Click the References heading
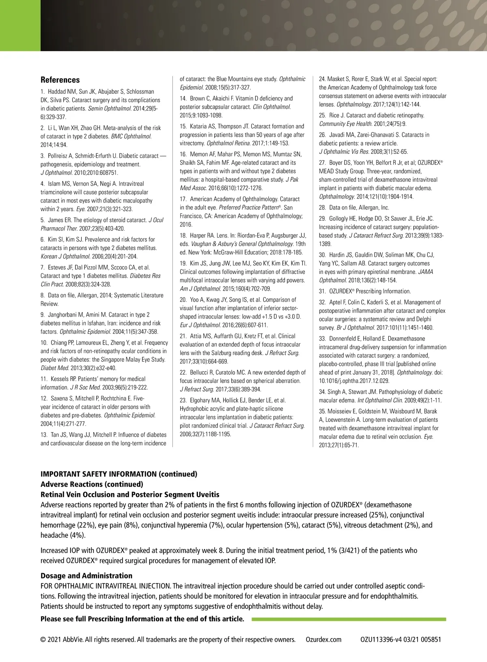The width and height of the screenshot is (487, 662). [x=60, y=80]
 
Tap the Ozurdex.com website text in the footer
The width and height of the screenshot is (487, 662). [x=323, y=640]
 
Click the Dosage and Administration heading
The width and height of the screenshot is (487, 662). [x=86, y=576]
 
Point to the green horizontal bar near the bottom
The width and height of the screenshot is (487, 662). [x=349, y=619]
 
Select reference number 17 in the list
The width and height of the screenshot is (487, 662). [x=183, y=199]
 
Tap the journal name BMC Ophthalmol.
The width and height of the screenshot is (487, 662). [x=131, y=137]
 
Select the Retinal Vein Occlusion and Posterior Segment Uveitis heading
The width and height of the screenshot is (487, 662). [x=130, y=494]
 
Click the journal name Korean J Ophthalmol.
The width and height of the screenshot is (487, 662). [x=65, y=257]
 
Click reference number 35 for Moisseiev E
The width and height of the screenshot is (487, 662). [x=322, y=411]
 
